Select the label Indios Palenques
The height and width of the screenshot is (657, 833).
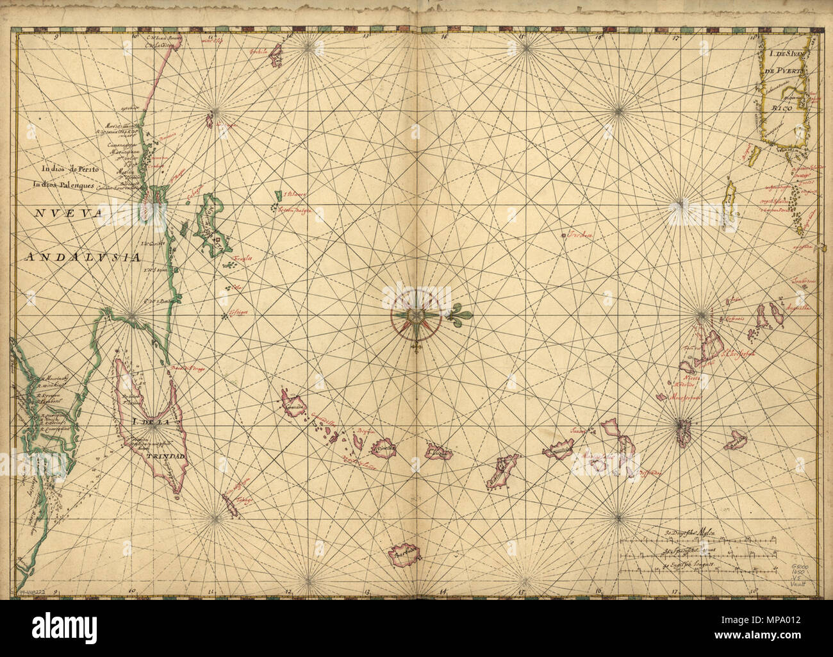tap(65, 185)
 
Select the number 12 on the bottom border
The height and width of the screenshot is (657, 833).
tap(288, 590)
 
